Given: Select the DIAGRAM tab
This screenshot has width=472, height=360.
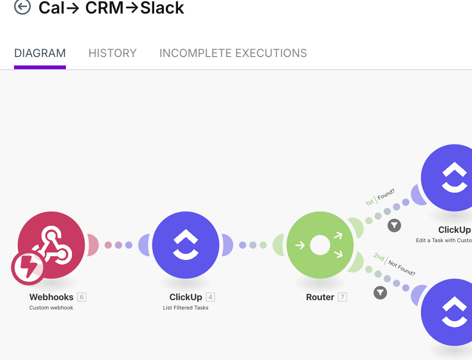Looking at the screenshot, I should pyautogui.click(x=40, y=53).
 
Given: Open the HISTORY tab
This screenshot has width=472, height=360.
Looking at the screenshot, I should pyautogui.click(x=113, y=53).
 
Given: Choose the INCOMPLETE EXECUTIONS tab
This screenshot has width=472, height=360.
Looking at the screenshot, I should pyautogui.click(x=233, y=53).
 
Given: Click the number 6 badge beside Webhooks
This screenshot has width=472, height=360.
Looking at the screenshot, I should pyautogui.click(x=82, y=297).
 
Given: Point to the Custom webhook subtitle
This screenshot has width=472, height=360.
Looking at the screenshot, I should pyautogui.click(x=51, y=308).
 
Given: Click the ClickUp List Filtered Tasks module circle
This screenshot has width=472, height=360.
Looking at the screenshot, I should pyautogui.click(x=186, y=245).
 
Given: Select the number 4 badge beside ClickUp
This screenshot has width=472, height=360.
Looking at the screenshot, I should pyautogui.click(x=210, y=297).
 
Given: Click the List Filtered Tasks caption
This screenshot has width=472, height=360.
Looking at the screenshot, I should pyautogui.click(x=186, y=308).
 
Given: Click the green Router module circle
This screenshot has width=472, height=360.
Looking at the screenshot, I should pyautogui.click(x=320, y=245).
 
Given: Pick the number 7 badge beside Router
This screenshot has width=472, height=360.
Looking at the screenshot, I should pyautogui.click(x=343, y=297).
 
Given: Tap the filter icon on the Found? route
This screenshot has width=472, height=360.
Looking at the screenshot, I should pyautogui.click(x=394, y=225).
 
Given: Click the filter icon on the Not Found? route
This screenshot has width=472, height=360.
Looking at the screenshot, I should pyautogui.click(x=380, y=293).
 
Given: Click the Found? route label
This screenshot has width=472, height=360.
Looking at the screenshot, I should pyautogui.click(x=386, y=194).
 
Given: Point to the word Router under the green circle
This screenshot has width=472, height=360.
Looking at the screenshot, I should pyautogui.click(x=320, y=297).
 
